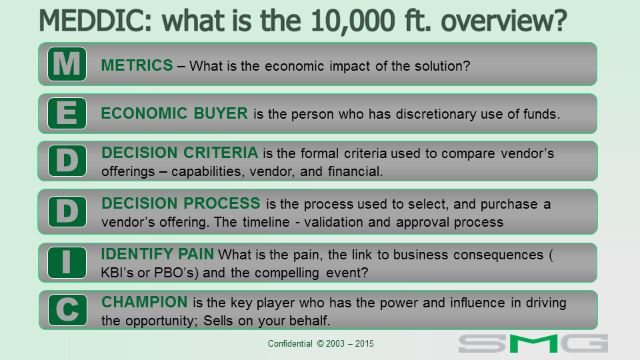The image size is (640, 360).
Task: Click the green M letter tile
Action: point(67,64)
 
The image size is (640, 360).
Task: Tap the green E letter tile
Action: point(67,113)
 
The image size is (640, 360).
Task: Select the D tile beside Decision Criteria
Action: point(67,161)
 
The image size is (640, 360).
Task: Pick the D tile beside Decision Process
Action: point(67,211)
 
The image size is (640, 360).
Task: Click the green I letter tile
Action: point(67,263)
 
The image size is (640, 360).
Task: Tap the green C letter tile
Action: point(67,310)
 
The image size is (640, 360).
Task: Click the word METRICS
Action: point(137,65)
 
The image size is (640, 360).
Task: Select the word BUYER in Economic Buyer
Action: point(221,113)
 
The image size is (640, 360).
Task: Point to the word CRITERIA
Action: point(221,153)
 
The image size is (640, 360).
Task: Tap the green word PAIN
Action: point(196,254)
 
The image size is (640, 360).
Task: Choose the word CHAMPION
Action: point(145,302)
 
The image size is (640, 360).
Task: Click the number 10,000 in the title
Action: point(353,21)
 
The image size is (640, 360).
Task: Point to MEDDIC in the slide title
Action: point(95,21)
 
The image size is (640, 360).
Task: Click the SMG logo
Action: point(533,343)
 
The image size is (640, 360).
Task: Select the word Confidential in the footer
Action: point(290,344)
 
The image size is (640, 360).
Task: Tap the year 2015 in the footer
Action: point(365,344)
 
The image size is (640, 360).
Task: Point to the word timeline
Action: point(266,222)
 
